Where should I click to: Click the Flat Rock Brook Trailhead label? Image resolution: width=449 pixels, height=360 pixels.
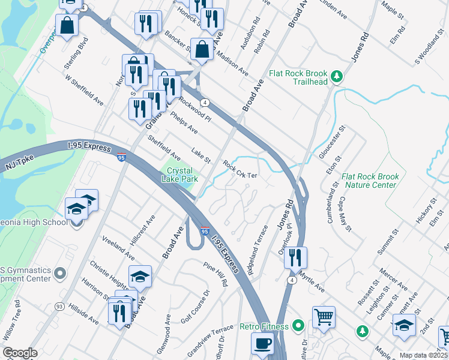[298, 77]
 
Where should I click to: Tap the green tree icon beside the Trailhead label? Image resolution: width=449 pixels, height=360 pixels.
[337, 76]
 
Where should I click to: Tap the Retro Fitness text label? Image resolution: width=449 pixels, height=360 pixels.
[264, 327]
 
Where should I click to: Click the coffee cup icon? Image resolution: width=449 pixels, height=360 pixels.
[262, 344]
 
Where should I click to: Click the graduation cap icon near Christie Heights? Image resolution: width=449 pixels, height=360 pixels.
[140, 276]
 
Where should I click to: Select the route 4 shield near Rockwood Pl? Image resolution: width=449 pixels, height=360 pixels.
[205, 103]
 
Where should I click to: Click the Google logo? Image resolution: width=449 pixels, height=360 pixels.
[20, 353]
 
